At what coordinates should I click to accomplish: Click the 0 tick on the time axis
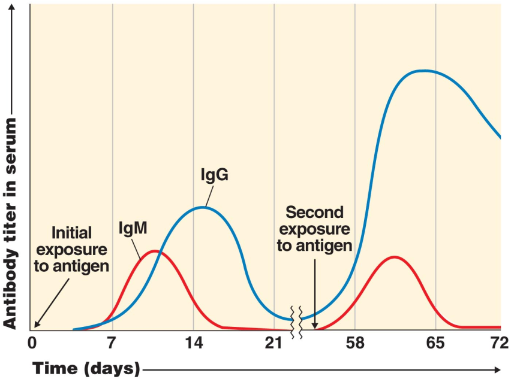pyautogui.click(x=32, y=344)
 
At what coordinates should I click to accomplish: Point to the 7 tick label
pyautogui.click(x=112, y=344)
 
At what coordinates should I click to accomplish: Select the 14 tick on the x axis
pyautogui.click(x=193, y=344)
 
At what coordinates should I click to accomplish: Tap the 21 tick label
pyautogui.click(x=273, y=344)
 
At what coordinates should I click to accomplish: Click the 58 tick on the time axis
pyautogui.click(x=355, y=344)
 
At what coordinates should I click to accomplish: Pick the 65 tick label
pyautogui.click(x=435, y=344)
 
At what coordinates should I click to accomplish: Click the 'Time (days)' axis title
pyautogui.click(x=86, y=367)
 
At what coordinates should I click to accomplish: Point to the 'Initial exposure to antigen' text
pyautogui.click(x=71, y=248)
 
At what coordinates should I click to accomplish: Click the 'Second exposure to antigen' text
pyautogui.click(x=314, y=229)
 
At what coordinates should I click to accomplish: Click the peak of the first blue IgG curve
pyautogui.click(x=203, y=207)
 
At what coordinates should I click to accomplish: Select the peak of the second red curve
pyautogui.click(x=393, y=257)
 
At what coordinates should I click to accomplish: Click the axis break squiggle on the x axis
pyautogui.click(x=297, y=320)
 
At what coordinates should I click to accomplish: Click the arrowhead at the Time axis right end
pyautogui.click(x=497, y=369)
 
